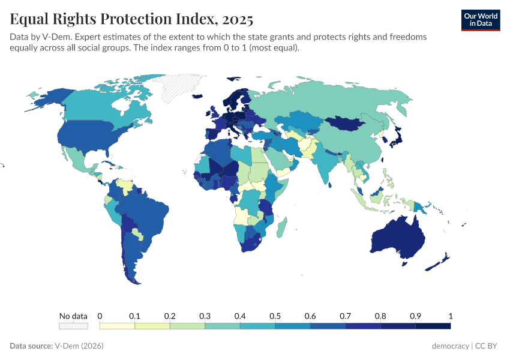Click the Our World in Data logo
(x=480, y=20)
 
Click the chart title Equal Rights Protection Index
(x=131, y=19)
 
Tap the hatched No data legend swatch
(x=73, y=326)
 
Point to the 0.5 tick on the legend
(x=275, y=316)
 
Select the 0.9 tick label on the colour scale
(x=415, y=316)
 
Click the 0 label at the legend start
(x=100, y=316)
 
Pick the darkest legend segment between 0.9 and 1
(x=433, y=326)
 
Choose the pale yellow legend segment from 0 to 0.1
(x=117, y=326)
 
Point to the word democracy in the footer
(x=450, y=346)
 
